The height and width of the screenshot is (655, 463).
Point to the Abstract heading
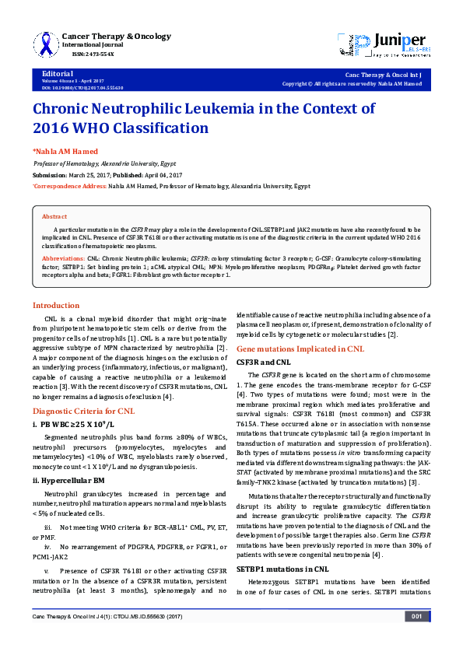[54, 216]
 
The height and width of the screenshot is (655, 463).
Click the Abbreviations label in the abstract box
[67, 256]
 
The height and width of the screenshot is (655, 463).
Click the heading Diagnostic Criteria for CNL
[83, 410]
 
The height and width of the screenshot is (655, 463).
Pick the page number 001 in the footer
[416, 638]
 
